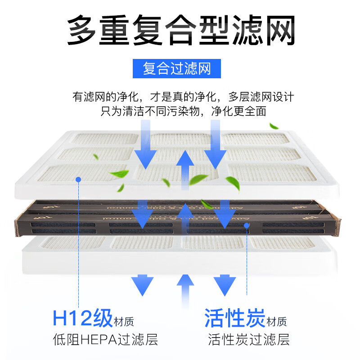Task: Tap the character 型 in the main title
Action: tap(219, 30)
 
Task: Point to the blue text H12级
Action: tap(82, 319)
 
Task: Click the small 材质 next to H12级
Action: tap(124, 322)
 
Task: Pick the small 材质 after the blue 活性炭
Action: tap(276, 322)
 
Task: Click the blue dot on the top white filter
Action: tap(78, 179)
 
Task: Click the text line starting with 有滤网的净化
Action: tap(183, 97)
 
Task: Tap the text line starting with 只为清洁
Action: tap(183, 111)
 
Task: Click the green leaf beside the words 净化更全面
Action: tap(274, 126)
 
